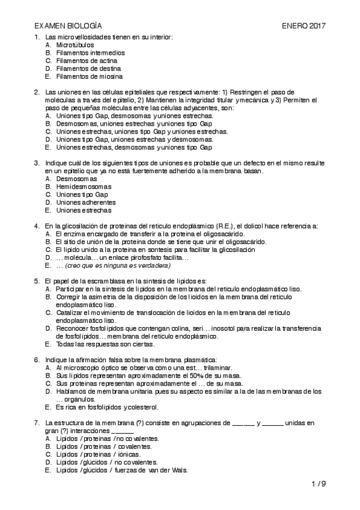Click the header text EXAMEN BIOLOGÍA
click(68, 26)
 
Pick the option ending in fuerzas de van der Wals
click(122, 470)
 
